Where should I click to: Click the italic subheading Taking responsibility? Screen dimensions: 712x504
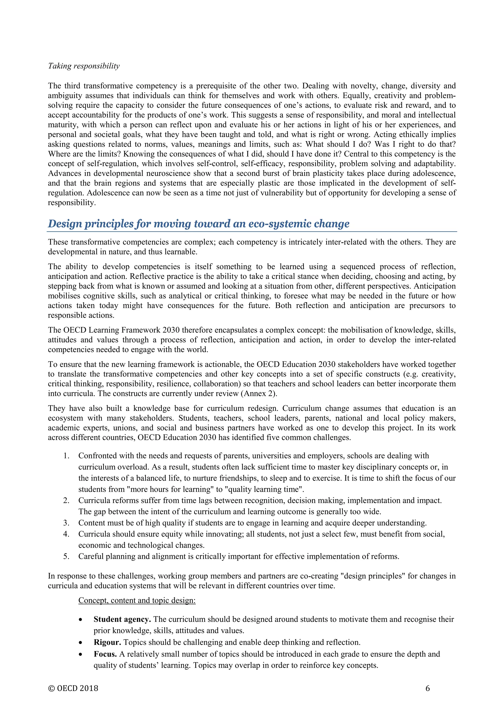click(84, 66)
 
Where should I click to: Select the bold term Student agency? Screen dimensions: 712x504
click(122, 619)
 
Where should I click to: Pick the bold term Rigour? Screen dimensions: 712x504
click(107, 642)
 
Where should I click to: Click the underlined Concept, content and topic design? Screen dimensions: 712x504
click(137, 600)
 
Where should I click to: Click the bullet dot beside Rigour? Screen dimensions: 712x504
click(81, 642)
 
